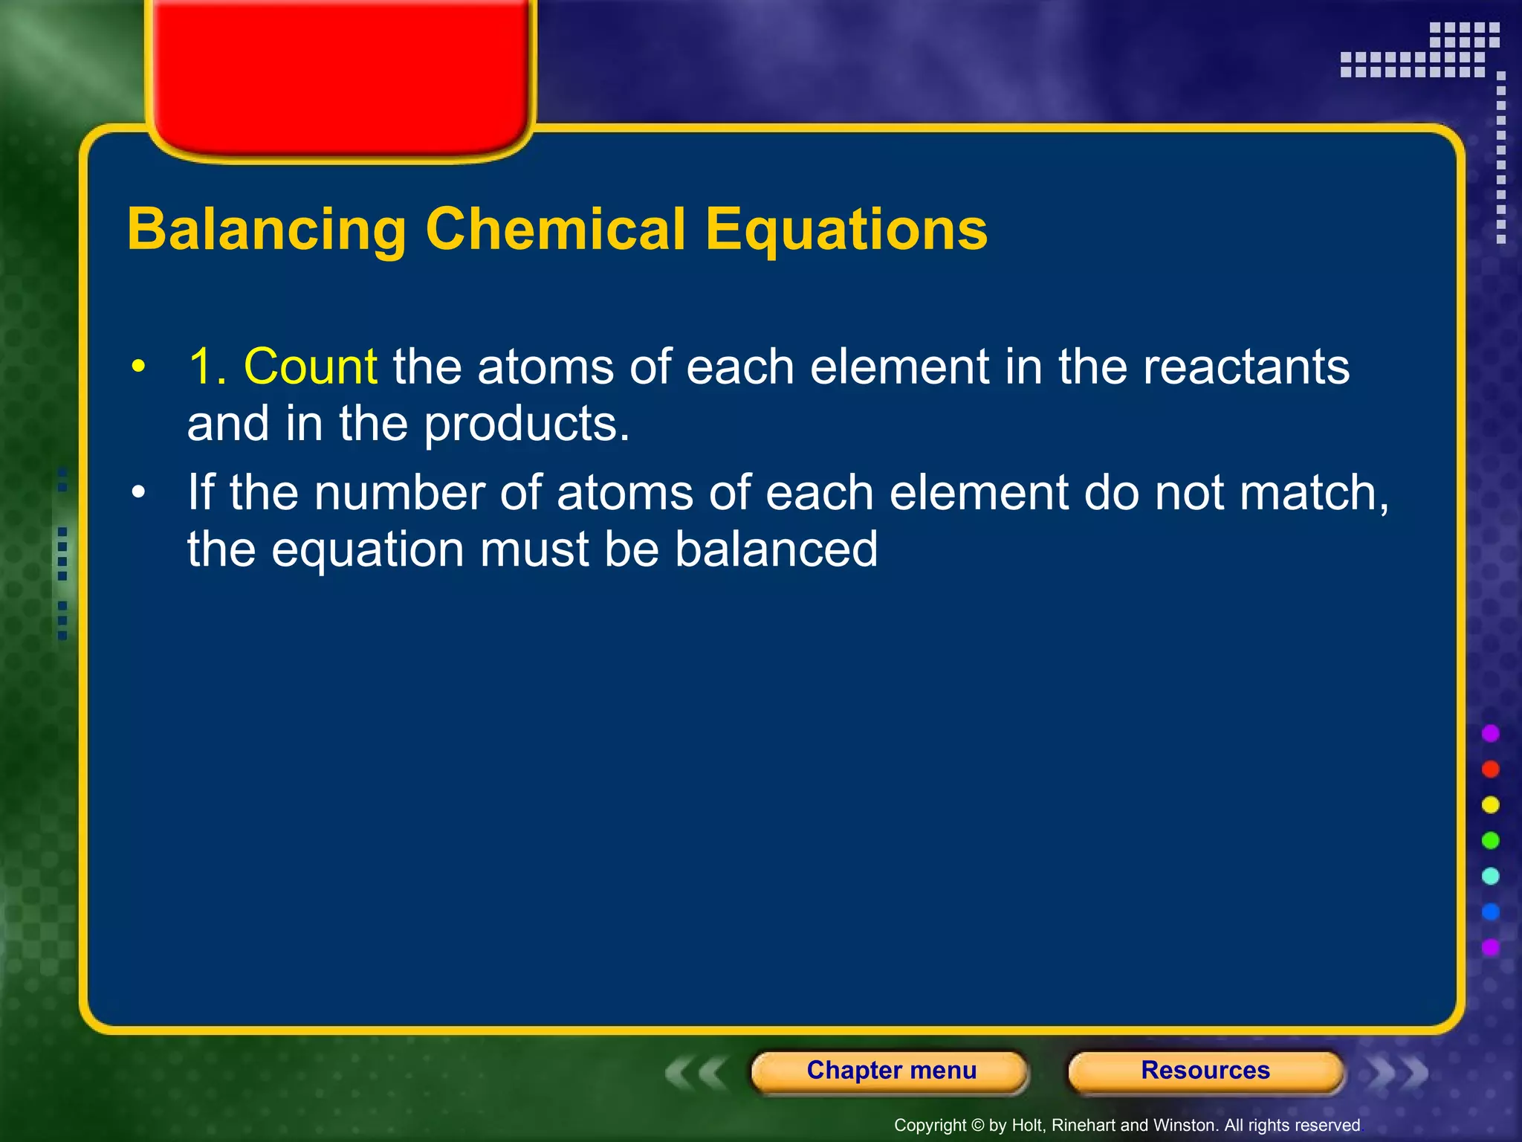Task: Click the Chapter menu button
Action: click(890, 1071)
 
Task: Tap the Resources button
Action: click(1205, 1071)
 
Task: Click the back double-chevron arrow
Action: click(696, 1074)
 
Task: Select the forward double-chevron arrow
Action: click(1397, 1072)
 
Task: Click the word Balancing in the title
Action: click(267, 230)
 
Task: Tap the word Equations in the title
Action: click(846, 230)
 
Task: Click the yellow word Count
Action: click(311, 367)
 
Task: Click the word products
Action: click(527, 425)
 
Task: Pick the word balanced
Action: click(776, 549)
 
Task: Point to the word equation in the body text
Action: click(368, 551)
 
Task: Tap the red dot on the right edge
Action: click(1490, 769)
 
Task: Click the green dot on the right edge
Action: click(1490, 840)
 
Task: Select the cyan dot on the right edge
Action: click(1490, 876)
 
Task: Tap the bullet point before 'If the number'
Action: click(138, 493)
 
